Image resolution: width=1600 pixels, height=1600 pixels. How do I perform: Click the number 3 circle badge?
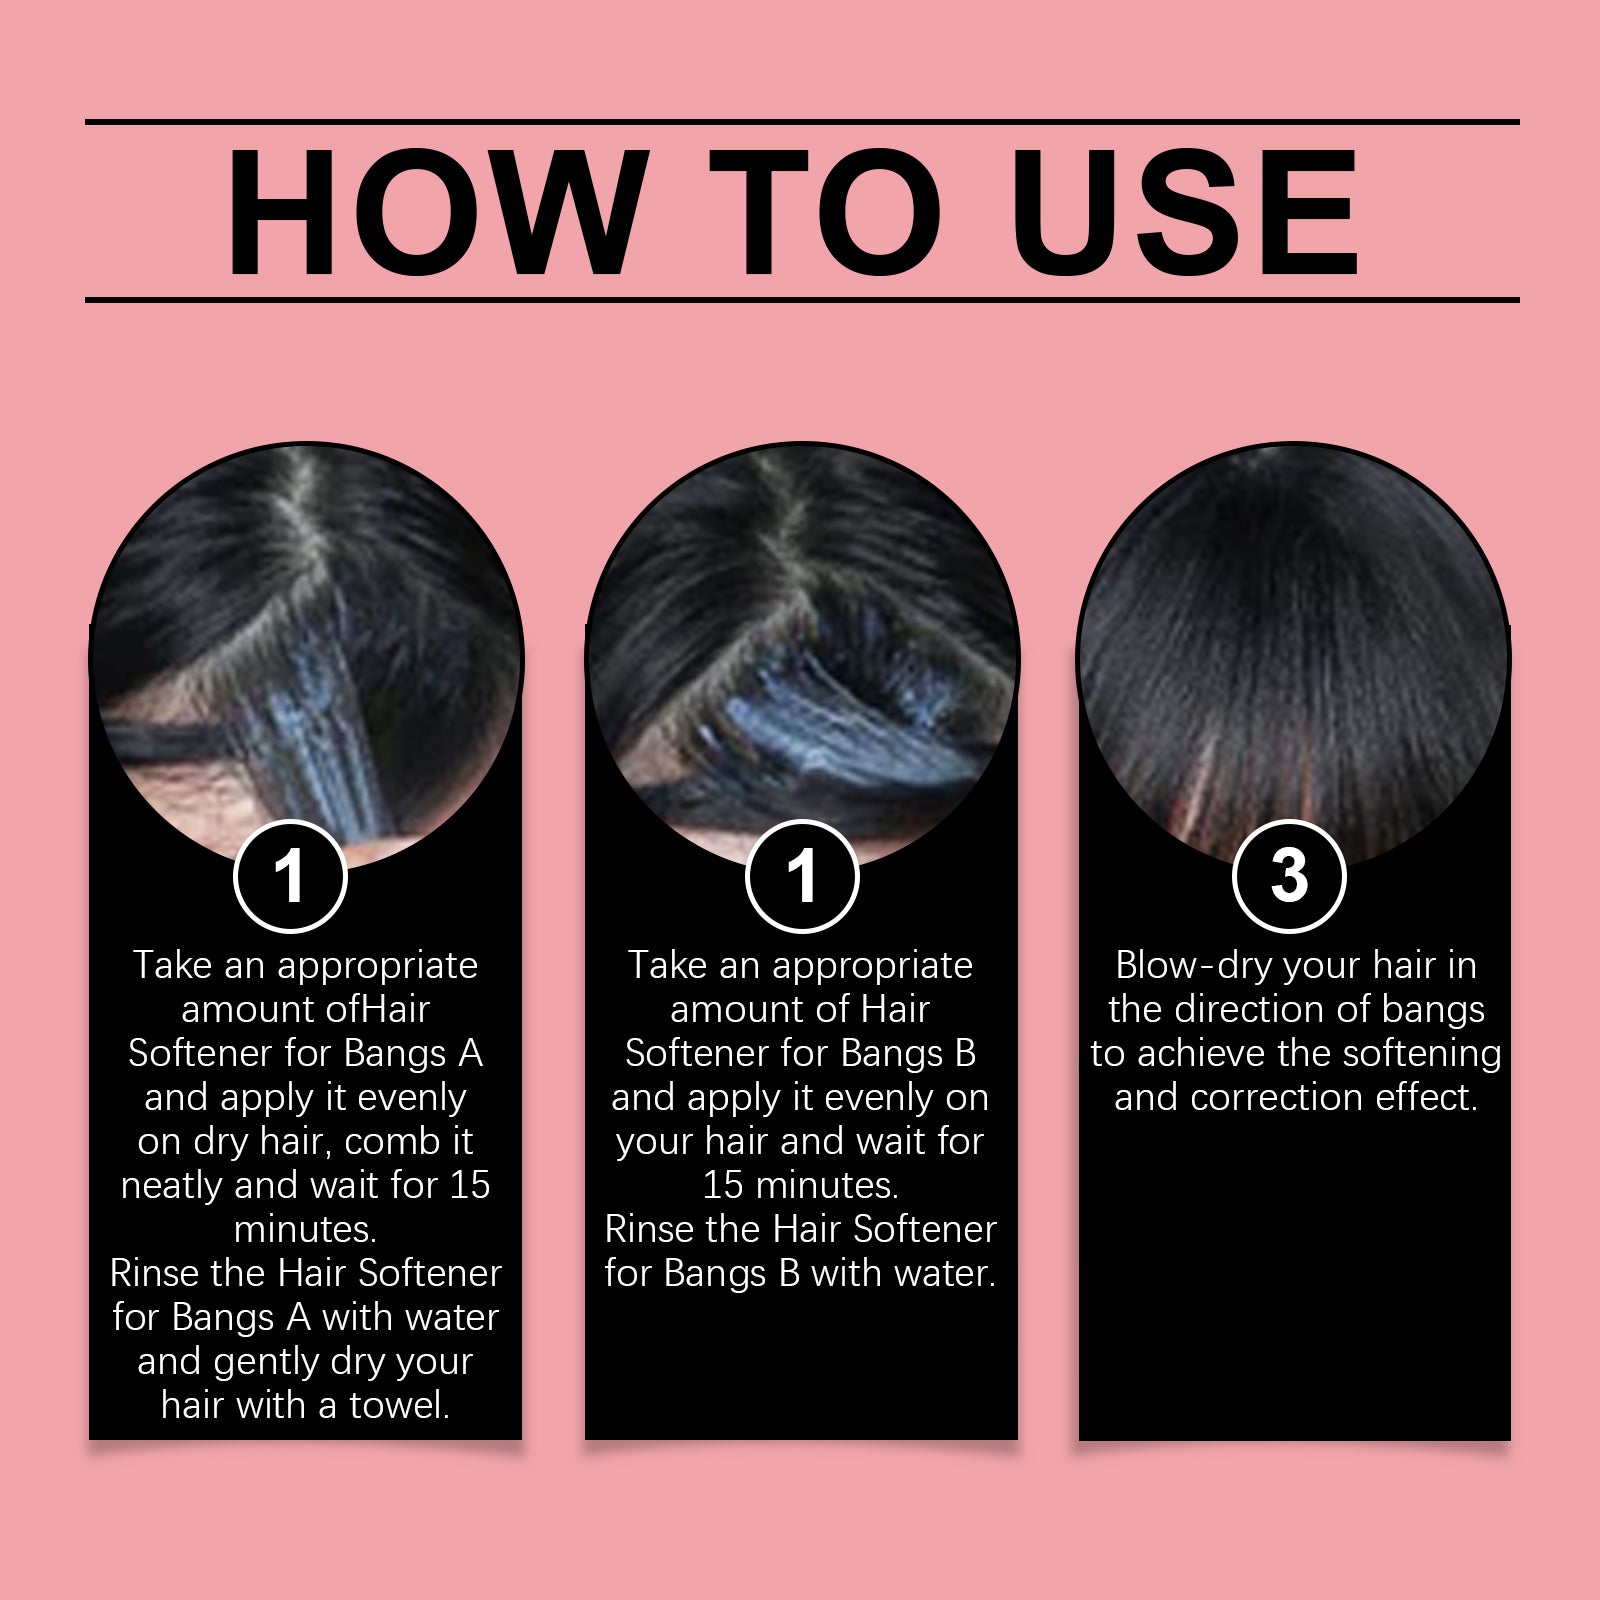pos(1289,876)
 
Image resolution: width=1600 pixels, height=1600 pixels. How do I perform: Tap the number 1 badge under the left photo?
pos(290,876)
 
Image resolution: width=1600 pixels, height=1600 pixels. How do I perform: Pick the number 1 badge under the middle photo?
pos(802,876)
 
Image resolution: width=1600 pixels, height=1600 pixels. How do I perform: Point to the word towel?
pos(399,1406)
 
